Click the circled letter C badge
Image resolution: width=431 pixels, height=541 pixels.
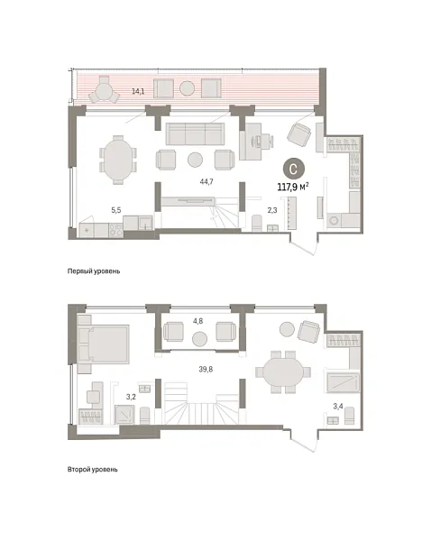[293, 168]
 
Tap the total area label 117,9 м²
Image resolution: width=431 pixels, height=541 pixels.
[293, 188]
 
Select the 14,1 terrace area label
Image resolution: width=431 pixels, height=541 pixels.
[138, 91]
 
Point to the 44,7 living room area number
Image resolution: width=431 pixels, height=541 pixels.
[206, 181]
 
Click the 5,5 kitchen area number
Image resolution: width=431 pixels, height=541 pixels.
[115, 210]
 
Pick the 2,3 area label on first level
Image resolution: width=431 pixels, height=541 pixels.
[271, 210]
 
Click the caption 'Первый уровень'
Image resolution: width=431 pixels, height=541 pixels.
[94, 270]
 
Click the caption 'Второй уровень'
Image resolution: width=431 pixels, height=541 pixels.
[92, 470]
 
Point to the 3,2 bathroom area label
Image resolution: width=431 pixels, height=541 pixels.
[130, 396]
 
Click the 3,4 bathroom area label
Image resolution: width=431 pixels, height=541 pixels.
[337, 407]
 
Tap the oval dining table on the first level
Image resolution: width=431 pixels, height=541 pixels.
[117, 160]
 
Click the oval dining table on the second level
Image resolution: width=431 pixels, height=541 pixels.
[281, 372]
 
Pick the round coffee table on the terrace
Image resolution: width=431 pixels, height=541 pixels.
[187, 88]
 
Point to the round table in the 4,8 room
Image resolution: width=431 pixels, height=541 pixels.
[199, 338]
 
